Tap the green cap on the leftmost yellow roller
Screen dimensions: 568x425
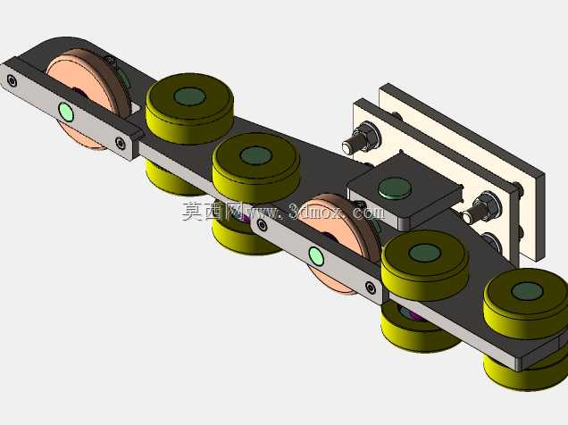[189, 96]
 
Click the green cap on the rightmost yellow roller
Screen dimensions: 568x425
[527, 291]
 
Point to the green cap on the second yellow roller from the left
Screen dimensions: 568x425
[255, 155]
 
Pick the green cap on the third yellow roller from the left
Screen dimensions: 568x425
[424, 253]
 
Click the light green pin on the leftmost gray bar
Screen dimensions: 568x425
[66, 112]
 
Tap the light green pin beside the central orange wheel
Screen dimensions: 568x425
[316, 256]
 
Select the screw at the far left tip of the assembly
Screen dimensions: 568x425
[12, 80]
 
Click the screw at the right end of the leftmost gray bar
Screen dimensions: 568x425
[120, 143]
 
